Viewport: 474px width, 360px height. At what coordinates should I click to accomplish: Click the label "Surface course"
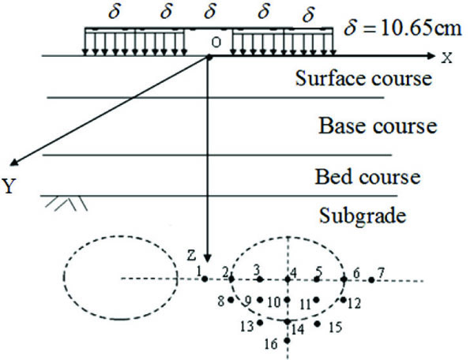coord(363,79)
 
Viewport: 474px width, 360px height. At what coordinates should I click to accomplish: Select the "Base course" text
coord(378,126)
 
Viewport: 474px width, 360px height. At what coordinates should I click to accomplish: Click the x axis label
coord(448,57)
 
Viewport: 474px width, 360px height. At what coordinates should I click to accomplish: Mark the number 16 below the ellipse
coord(271,343)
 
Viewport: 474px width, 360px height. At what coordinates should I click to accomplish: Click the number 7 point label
coord(381,272)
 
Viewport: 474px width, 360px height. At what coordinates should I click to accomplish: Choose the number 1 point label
coord(199,271)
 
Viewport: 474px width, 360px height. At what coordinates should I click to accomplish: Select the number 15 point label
coord(334,326)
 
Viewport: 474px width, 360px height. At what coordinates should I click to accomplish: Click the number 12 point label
coord(353,302)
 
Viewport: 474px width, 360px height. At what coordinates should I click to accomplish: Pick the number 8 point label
coord(220,300)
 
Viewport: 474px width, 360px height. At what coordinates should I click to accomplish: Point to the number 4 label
coord(294,272)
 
